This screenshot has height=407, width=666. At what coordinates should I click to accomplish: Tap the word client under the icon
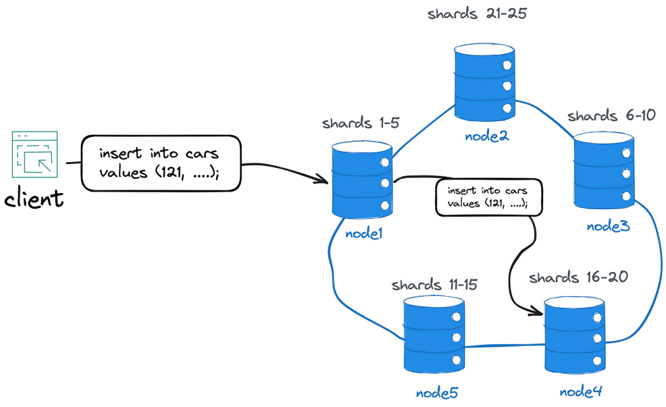[35, 199]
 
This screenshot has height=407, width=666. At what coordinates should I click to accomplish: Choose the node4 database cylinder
[573, 334]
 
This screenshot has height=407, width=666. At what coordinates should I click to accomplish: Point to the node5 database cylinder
[433, 334]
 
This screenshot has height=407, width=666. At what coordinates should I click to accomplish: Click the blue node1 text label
[364, 234]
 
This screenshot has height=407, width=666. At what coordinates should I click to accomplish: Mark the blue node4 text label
[580, 391]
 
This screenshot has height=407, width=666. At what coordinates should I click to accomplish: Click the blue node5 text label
[437, 393]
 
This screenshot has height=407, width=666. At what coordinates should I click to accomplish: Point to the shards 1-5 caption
[361, 123]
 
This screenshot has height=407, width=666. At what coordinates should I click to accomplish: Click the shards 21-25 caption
[477, 14]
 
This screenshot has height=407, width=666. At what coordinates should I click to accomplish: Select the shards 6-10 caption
[610, 115]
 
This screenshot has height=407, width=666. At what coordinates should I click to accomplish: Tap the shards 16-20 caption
[578, 277]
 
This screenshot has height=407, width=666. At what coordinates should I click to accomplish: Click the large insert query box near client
[161, 163]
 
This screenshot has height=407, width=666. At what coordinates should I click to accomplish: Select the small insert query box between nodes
[489, 197]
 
